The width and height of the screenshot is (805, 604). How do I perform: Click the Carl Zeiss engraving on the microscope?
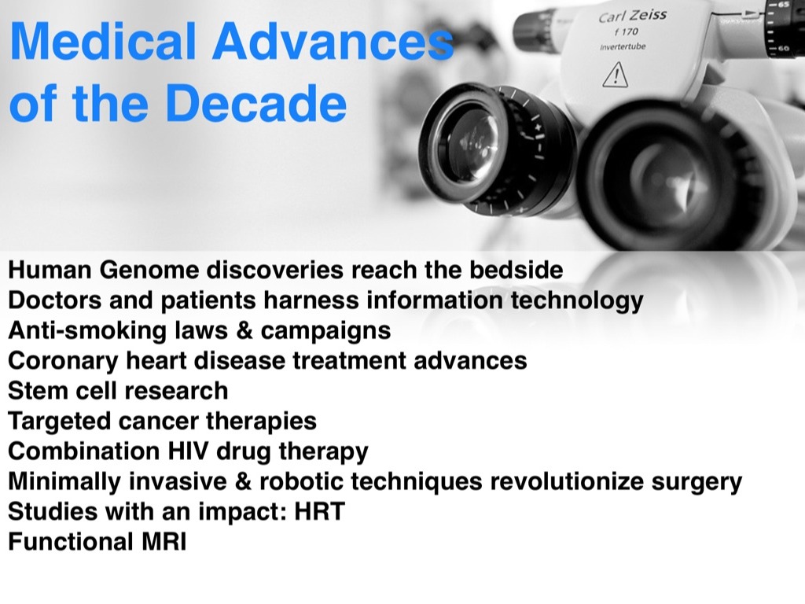click(633, 16)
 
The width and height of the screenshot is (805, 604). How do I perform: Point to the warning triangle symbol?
click(615, 75)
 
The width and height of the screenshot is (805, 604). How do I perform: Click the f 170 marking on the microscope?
click(627, 31)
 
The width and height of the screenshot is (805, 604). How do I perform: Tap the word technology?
click(576, 301)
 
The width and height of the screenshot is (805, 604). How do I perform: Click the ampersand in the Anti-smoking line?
click(244, 331)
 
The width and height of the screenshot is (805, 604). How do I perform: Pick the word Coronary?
click(63, 361)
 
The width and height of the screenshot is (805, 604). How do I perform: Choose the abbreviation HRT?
click(319, 511)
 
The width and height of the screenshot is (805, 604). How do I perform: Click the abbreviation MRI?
click(161, 542)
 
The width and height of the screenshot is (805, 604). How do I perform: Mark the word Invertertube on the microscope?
click(623, 46)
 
